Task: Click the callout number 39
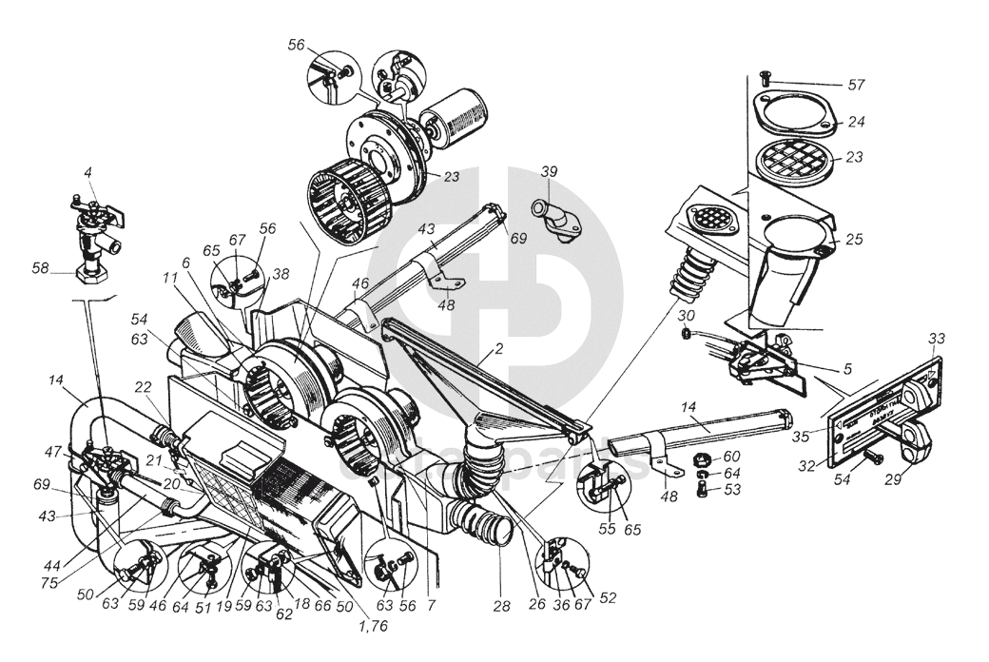coord(549,172)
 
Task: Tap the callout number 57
coord(856,86)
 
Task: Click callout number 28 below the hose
coord(501,605)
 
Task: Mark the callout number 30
coord(688,315)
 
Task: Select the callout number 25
coord(854,240)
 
